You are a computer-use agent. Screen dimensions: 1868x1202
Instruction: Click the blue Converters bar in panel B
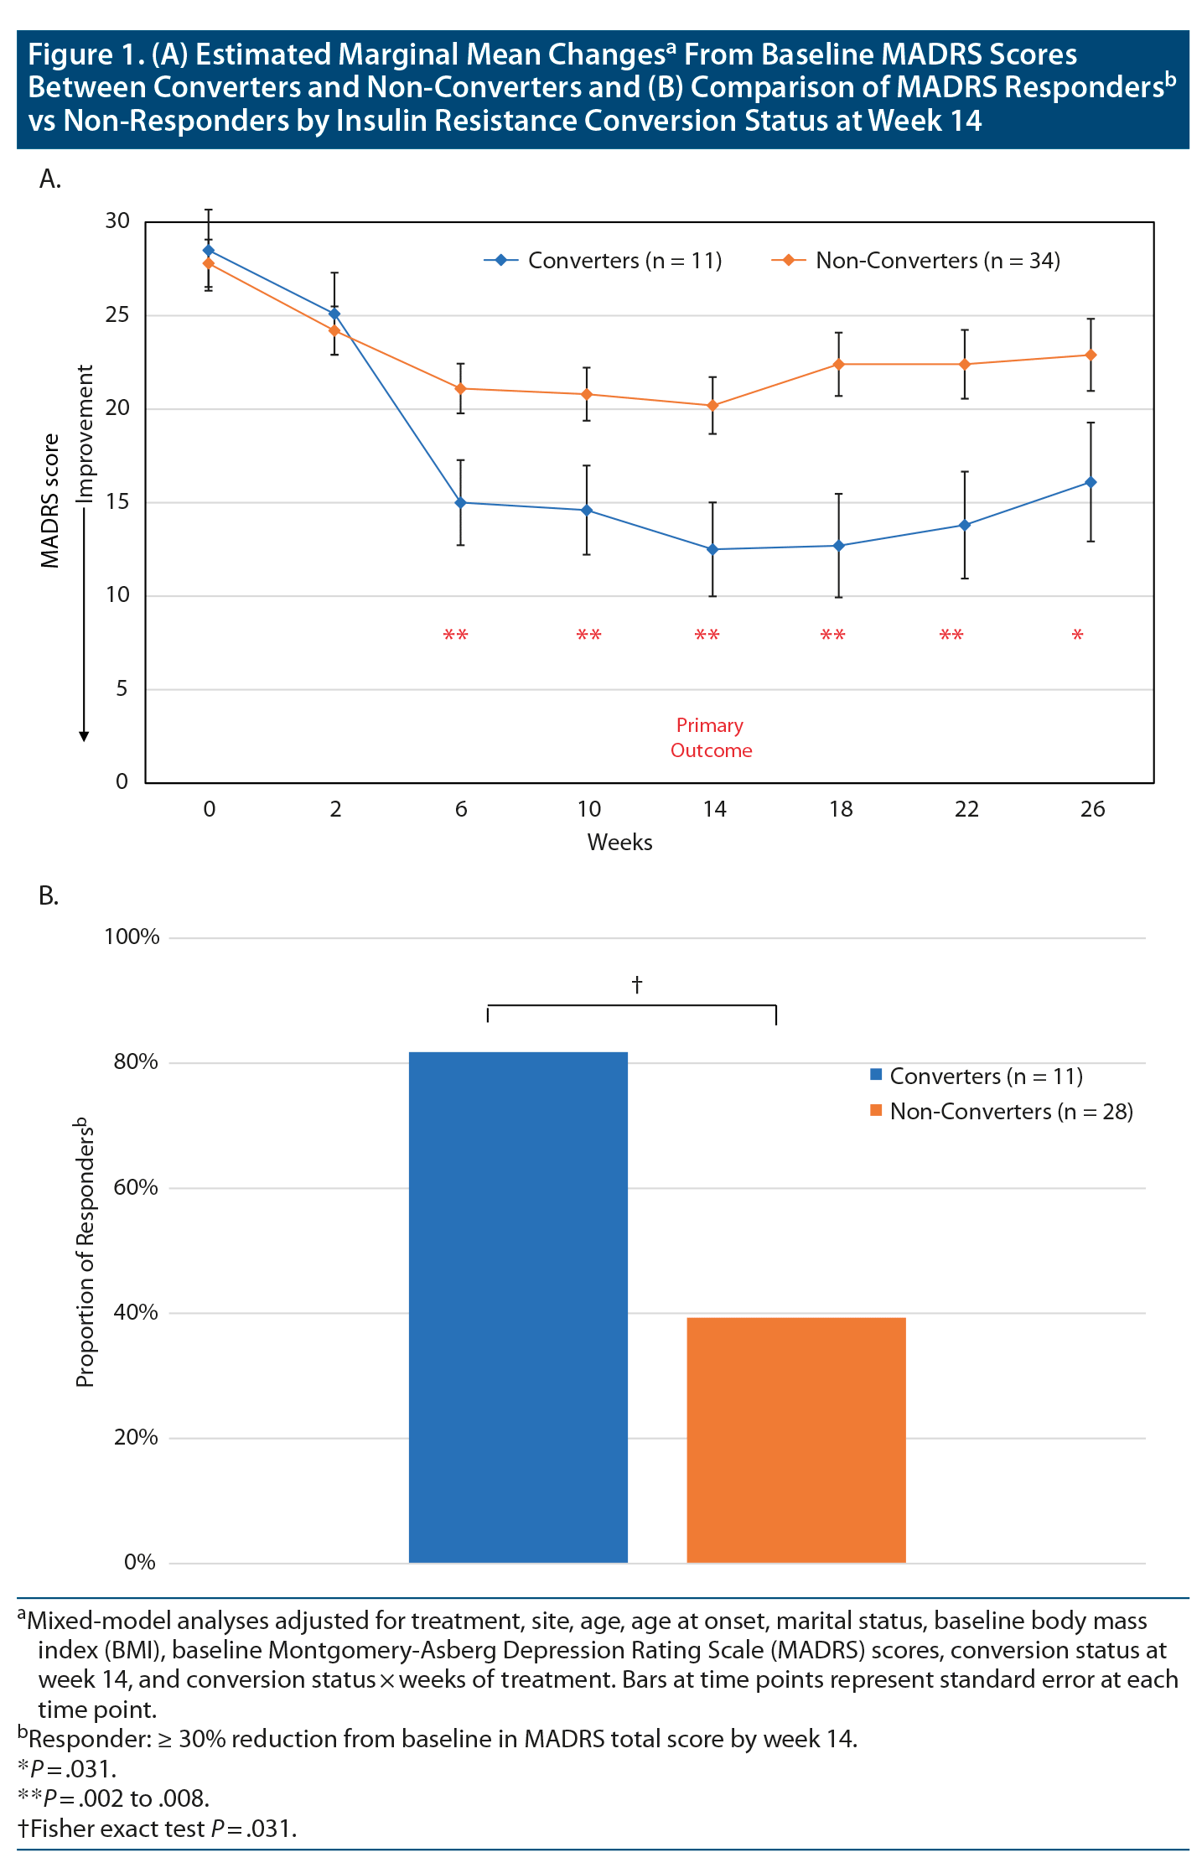coord(518,1307)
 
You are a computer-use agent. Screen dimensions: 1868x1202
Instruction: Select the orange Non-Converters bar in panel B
coord(795,1440)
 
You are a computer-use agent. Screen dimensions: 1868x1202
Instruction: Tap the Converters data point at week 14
coord(712,549)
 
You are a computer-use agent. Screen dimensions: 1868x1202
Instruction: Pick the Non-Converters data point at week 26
coord(1091,355)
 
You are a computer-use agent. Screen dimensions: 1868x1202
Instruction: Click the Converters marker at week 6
coord(460,502)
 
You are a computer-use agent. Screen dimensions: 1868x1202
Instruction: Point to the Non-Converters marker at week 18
coord(838,364)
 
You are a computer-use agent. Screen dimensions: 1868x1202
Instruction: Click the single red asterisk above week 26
coord(1077,636)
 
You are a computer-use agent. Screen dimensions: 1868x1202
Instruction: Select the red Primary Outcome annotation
coord(711,738)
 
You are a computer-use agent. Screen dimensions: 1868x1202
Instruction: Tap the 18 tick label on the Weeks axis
coord(840,809)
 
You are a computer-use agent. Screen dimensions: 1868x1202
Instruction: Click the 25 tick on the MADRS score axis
coord(117,315)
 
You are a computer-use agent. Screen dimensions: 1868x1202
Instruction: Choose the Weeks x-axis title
coord(619,843)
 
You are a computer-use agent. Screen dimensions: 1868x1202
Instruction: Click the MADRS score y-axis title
coord(50,501)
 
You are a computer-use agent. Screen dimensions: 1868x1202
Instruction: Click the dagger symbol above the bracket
coord(637,983)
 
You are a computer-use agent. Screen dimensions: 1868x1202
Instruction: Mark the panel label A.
coord(49,179)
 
